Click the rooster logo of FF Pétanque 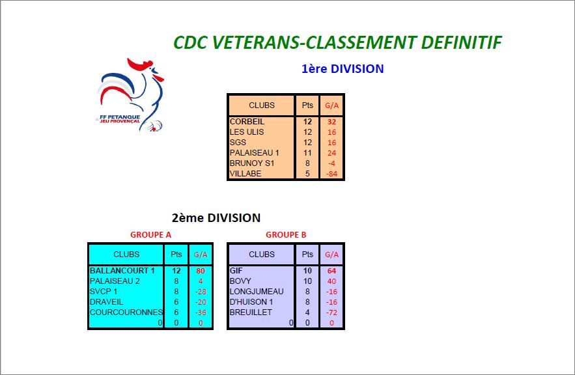pos(131,94)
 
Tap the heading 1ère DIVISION pos(343,69)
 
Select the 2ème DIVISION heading pos(216,218)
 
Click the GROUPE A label pos(150,235)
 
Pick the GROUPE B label pos(286,235)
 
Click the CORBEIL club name pos(247,122)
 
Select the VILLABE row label pos(245,174)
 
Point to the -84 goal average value pos(331,174)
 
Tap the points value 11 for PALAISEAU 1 pos(307,153)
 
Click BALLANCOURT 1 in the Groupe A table pos(122,271)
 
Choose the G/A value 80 pos(201,271)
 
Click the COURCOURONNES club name pos(126,312)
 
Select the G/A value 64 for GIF pos(331,271)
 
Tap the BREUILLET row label pos(251,312)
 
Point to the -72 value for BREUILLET pos(331,312)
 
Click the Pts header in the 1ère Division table pos(307,105)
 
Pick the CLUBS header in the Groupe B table pos(262,255)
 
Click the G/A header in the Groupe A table pos(201,255)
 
